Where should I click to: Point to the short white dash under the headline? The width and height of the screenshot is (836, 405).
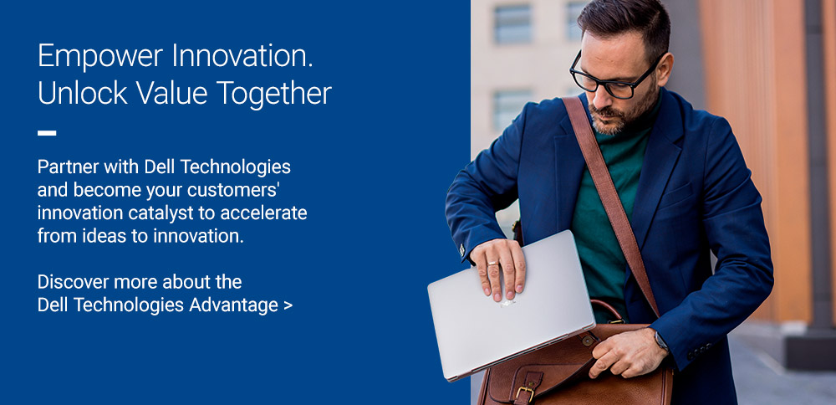click(x=47, y=132)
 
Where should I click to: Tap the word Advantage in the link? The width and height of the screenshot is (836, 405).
click(x=232, y=305)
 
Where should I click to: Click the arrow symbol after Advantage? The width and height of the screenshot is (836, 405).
click(x=288, y=305)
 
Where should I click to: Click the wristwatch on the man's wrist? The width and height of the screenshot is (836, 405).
click(x=661, y=341)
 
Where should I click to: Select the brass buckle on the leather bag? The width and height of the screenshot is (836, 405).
click(x=525, y=393)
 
